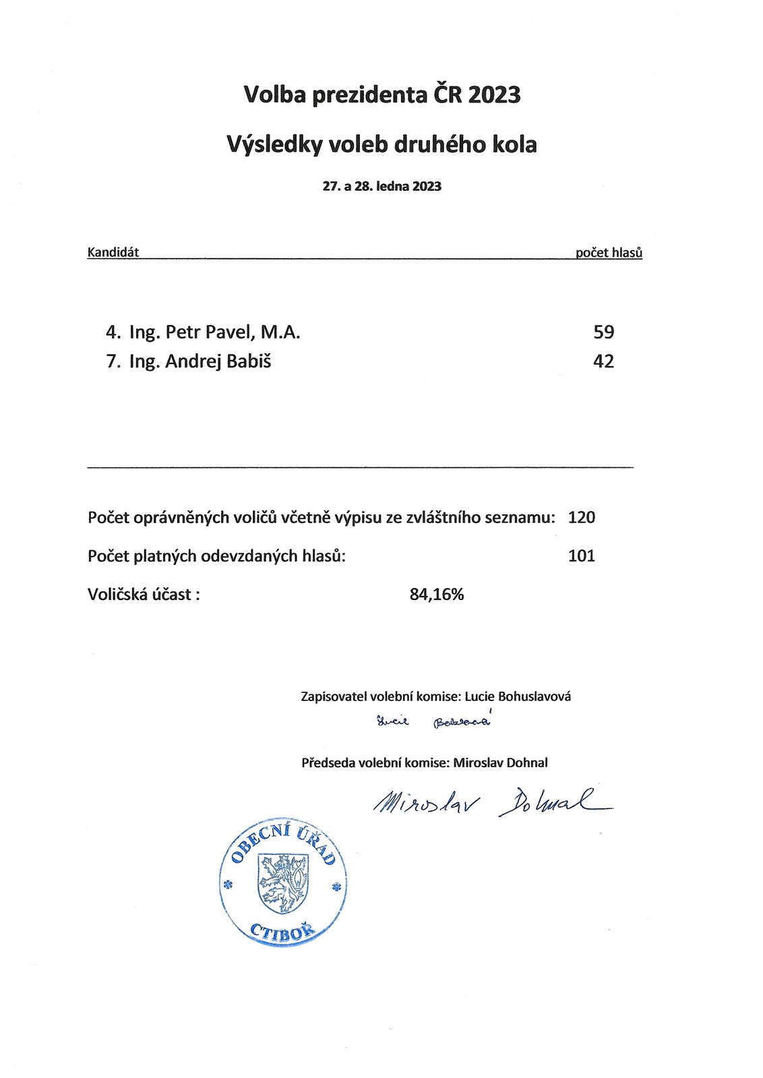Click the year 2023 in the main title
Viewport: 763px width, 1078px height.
[x=494, y=95]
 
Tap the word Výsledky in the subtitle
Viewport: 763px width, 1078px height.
[x=272, y=145]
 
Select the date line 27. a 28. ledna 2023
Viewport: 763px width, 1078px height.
[x=381, y=187]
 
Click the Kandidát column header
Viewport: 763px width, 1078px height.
[x=113, y=253]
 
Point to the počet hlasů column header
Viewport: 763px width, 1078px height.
[x=609, y=253]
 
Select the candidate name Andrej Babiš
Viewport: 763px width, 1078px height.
[x=218, y=362]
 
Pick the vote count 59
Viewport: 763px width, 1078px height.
[x=603, y=332]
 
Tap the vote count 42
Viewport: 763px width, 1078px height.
[x=603, y=362]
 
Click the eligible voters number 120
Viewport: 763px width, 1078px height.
[x=582, y=518]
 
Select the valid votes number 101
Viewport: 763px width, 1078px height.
[x=582, y=556]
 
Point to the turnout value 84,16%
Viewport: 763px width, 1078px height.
[x=437, y=595]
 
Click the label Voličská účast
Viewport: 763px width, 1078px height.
[x=144, y=595]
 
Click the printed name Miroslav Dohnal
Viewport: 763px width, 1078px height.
[x=500, y=763]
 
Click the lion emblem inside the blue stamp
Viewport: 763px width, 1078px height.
[x=283, y=883]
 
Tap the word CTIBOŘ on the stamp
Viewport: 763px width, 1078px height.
[x=282, y=933]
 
